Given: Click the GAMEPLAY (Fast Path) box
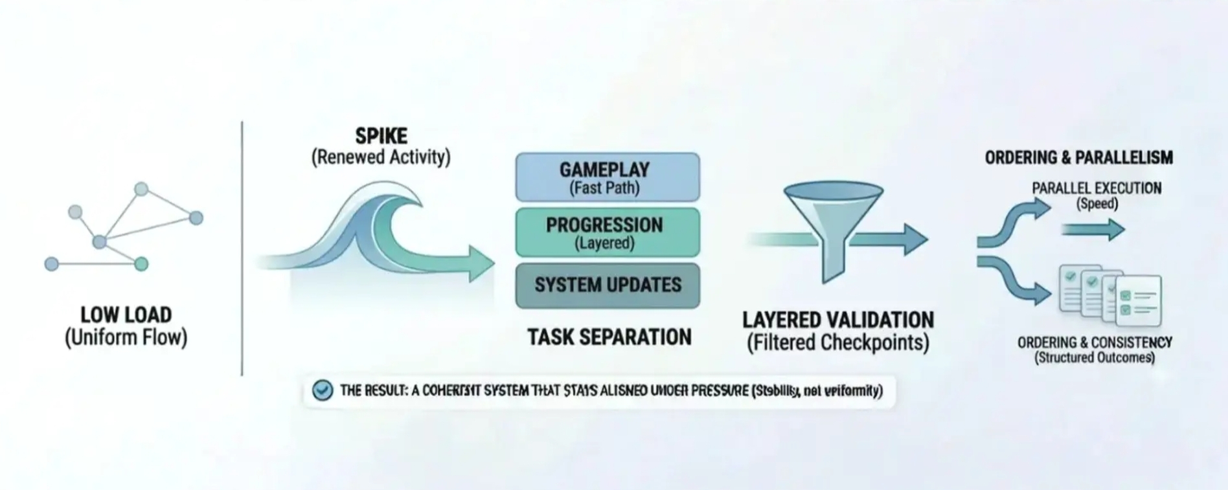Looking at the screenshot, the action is point(607,177).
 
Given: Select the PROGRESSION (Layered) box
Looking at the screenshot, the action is point(607,232).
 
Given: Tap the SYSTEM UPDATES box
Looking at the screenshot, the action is point(607,285).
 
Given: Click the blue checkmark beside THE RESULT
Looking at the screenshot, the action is point(323,390).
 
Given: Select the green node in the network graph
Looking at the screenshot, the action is point(141,263).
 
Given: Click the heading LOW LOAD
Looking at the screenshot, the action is point(126,315).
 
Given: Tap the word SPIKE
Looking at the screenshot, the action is point(381,136).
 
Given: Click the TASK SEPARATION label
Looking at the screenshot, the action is point(609,337).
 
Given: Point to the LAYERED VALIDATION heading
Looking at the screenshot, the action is point(837,320).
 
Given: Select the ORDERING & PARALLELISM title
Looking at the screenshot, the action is point(1078,157).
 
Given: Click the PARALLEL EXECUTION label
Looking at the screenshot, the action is point(1096,188).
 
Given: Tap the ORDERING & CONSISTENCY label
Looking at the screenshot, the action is point(1095,342).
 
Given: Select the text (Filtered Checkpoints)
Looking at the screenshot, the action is point(837,342).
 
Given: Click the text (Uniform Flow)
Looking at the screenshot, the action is point(126,337).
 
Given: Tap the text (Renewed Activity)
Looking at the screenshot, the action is point(381,157).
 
